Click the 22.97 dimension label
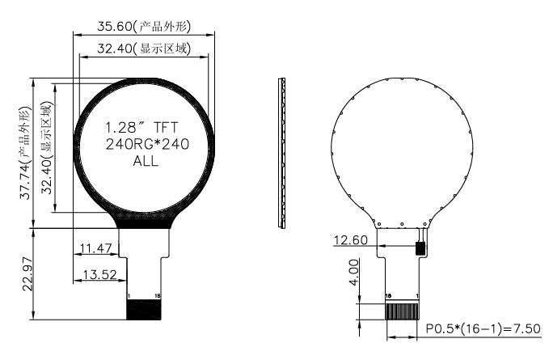tap(27, 274)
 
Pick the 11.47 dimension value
tap(95, 248)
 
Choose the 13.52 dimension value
tap(99, 274)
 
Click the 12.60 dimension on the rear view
tap(351, 240)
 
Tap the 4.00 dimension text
tap(354, 273)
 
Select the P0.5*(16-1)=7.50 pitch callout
tap(484, 328)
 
